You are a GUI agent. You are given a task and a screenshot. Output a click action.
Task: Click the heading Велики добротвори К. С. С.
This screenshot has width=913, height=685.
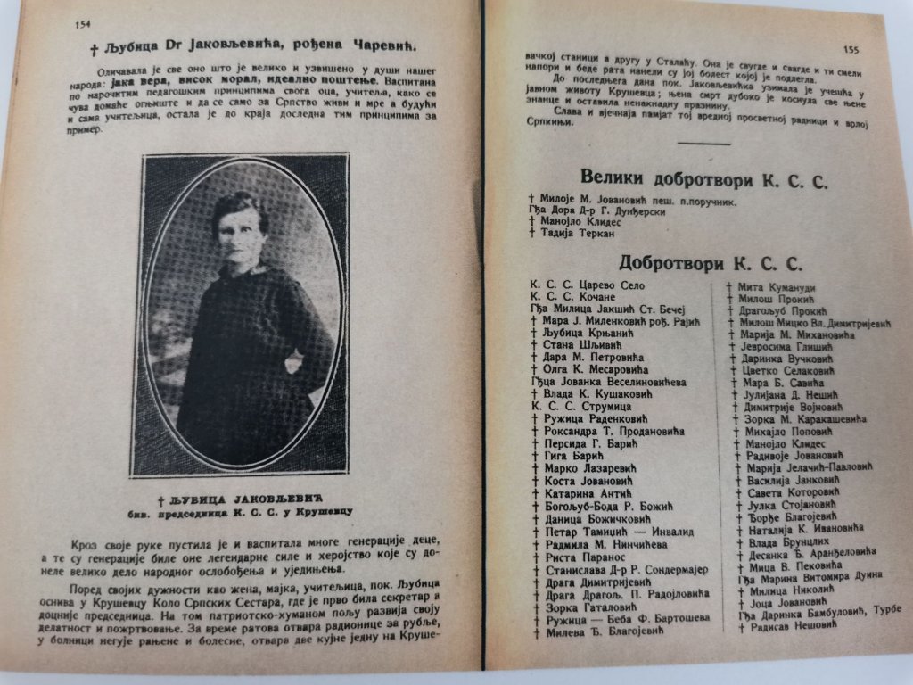click(x=704, y=177)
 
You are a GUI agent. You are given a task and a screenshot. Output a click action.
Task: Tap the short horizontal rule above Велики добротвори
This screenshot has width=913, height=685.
click(x=704, y=143)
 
